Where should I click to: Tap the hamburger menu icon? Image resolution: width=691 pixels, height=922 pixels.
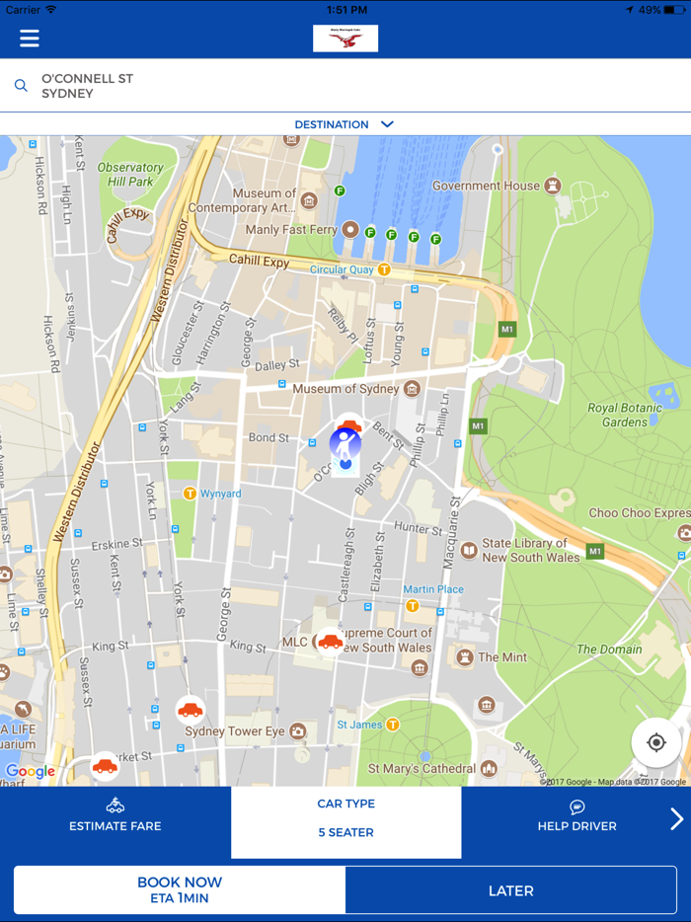[x=30, y=38]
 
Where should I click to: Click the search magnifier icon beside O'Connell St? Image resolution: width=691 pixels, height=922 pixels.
[x=21, y=86]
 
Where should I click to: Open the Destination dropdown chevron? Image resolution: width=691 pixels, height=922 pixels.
[x=387, y=124]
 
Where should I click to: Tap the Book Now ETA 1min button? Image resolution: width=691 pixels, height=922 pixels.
[x=180, y=889]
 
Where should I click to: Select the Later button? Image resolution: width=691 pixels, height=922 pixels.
[x=510, y=890]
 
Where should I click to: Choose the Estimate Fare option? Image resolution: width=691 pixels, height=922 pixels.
[x=115, y=816]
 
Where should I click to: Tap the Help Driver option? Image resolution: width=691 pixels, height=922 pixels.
[x=577, y=816]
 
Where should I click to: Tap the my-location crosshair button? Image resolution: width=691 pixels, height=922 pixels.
[x=656, y=742]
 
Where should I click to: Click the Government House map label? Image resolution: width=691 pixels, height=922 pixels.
[x=486, y=186]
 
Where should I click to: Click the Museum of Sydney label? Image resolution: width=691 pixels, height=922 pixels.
[x=345, y=389]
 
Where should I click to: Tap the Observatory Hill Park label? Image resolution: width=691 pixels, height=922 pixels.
[x=130, y=175]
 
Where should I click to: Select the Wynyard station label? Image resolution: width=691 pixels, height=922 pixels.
[x=220, y=494]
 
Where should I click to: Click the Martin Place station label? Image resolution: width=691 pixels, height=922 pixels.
[x=432, y=589]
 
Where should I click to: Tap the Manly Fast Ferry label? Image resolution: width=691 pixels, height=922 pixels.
[x=292, y=229]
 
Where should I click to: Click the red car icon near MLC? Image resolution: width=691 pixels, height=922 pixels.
[x=330, y=642]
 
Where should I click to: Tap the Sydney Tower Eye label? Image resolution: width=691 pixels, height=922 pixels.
[x=235, y=731]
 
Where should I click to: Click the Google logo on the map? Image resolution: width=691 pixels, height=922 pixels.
[x=31, y=771]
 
